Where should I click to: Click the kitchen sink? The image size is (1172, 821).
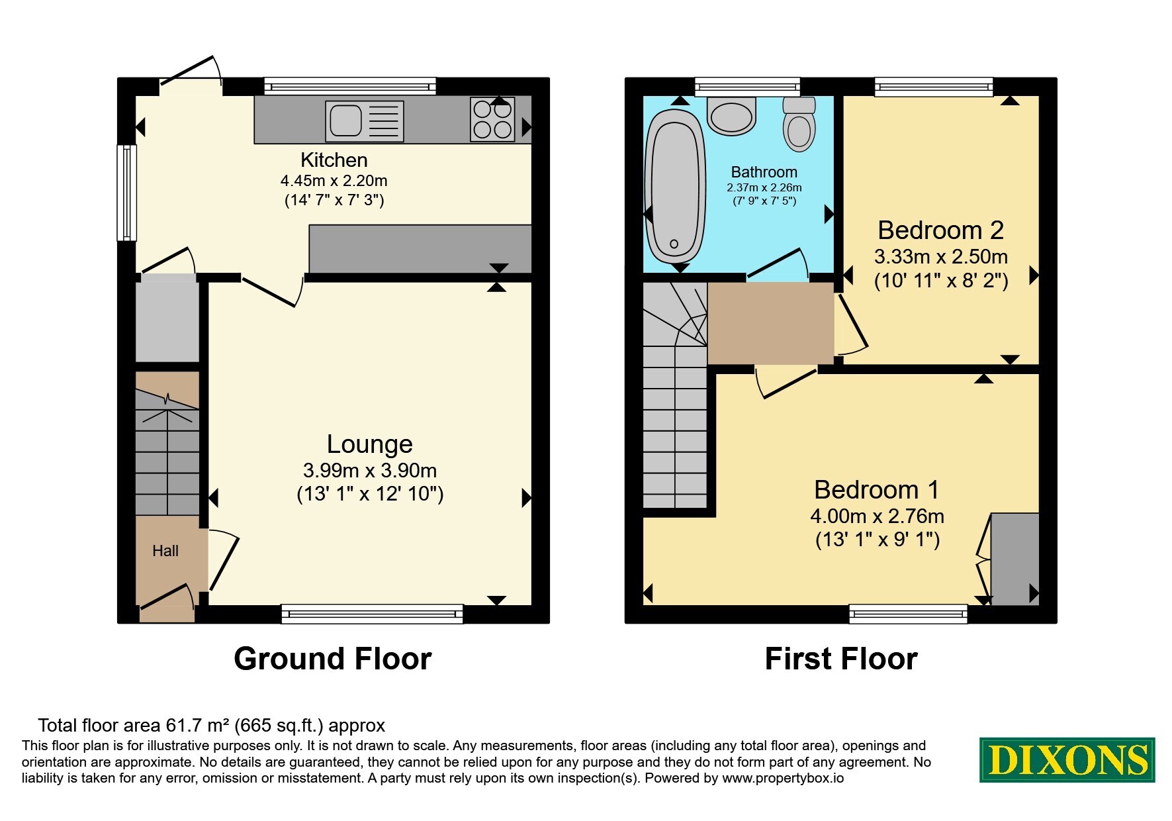(365, 121)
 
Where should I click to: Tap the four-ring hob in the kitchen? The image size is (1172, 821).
(492, 120)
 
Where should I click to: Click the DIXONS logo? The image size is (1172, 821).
(1067, 759)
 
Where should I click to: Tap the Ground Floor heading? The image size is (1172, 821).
(333, 659)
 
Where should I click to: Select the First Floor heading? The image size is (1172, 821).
(841, 659)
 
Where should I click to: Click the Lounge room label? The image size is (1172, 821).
(370, 444)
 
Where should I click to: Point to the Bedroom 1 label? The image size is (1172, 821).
(877, 490)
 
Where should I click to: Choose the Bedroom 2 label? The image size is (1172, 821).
(941, 230)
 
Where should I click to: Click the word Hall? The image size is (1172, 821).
(165, 551)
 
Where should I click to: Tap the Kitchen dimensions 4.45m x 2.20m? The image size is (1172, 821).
(334, 181)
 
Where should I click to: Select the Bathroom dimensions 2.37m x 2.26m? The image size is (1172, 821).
(764, 188)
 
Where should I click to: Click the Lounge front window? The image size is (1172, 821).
(372, 614)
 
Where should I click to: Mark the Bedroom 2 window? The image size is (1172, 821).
(934, 87)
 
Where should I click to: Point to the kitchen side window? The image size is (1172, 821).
(127, 193)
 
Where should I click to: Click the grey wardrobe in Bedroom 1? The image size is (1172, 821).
(1014, 559)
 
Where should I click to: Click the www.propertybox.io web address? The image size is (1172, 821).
(783, 779)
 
